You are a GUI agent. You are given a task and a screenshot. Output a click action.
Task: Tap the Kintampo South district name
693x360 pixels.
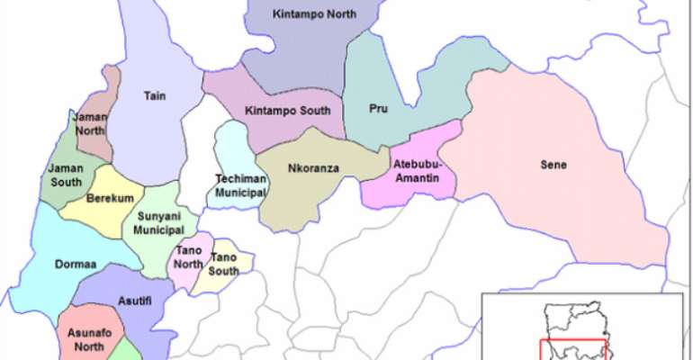point(288,111)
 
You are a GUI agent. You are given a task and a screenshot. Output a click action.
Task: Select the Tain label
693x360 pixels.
point(153,93)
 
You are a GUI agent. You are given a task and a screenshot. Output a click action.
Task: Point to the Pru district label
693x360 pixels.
point(378,109)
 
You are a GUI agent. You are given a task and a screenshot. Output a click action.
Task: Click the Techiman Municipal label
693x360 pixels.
point(241,184)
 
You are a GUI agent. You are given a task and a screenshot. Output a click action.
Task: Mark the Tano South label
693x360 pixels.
point(223,264)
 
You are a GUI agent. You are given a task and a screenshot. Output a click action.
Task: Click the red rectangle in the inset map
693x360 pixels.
point(572,349)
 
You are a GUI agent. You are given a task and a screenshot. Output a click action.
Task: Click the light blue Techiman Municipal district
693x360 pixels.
point(236,144)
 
